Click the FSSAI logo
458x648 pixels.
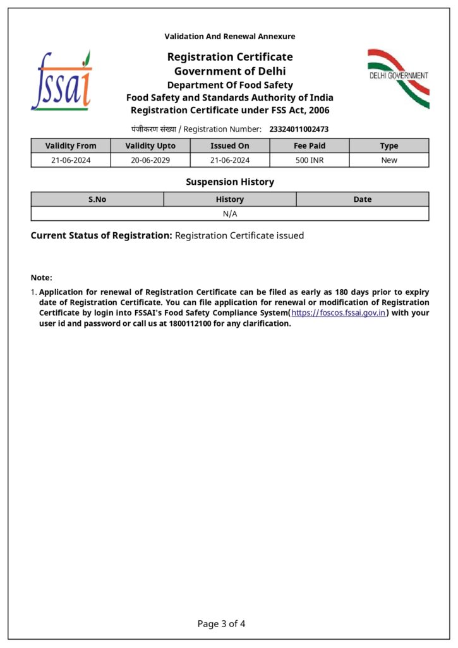point(61,81)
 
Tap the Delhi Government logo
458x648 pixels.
point(399,77)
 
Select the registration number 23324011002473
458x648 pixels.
point(299,129)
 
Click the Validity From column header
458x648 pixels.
point(71,146)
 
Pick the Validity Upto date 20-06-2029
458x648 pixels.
point(150,160)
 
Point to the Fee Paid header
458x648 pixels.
point(310,146)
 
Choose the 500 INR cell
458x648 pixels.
point(310,160)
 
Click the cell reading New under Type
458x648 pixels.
point(389,160)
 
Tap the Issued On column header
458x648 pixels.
point(230,146)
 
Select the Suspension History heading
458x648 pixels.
point(230,182)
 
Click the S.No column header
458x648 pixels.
point(97,199)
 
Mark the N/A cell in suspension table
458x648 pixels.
point(230,214)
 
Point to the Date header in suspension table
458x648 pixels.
point(363,199)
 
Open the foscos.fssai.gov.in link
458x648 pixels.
point(339,313)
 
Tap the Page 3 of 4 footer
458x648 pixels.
point(221,624)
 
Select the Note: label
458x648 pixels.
point(42,278)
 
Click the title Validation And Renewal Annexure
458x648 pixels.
point(230,37)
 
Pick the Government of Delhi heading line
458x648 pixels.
point(230,71)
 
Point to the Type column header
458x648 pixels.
point(389,146)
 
